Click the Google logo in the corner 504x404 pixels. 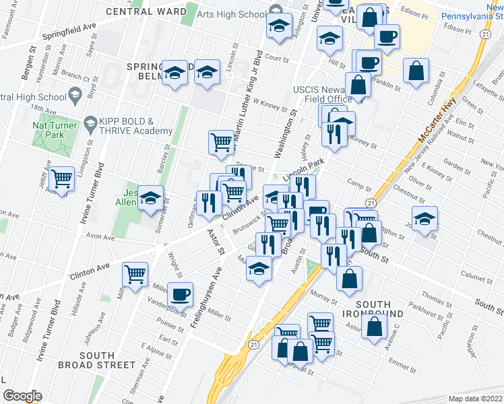click(x=22, y=396)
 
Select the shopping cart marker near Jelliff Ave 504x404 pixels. click(x=61, y=180)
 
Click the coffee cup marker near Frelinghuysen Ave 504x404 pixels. click(x=180, y=295)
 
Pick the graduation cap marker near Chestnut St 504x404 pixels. click(x=424, y=219)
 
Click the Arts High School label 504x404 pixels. click(x=232, y=14)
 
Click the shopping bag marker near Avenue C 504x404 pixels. click(x=374, y=327)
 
